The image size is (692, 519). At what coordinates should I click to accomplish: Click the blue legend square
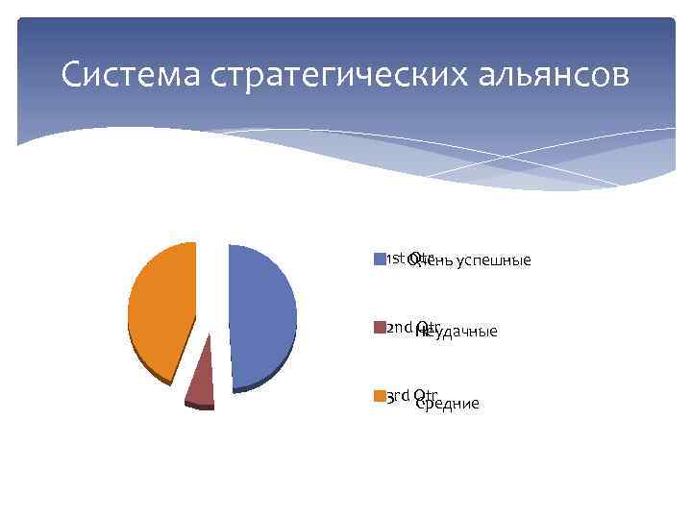click(x=379, y=259)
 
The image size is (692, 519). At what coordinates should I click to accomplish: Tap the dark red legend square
click(x=379, y=328)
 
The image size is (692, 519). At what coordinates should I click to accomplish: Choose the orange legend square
click(x=379, y=396)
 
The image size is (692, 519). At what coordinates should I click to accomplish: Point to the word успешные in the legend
click(x=493, y=261)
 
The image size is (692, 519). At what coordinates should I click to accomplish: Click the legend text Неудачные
click(x=457, y=332)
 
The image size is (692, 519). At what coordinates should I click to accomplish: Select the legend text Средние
click(x=448, y=404)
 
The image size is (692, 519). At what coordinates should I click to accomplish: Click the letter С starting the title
click(x=70, y=75)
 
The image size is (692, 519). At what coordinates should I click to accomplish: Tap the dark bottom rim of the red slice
click(x=200, y=407)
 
